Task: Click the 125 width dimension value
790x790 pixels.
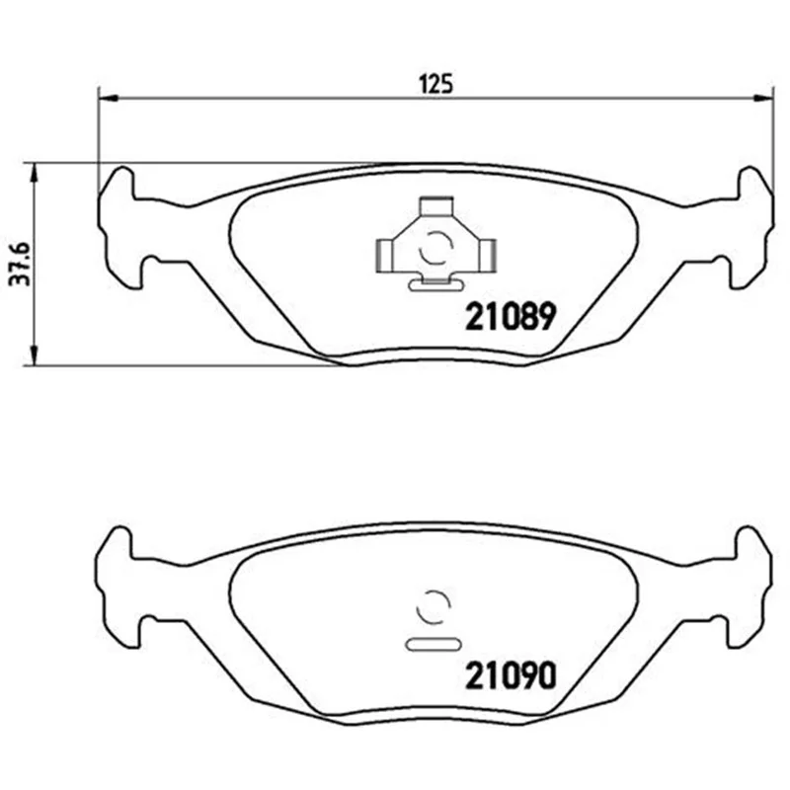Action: click(436, 84)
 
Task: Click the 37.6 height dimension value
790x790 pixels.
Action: click(21, 264)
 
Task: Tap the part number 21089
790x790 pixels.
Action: click(511, 316)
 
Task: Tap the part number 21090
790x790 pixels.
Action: click(511, 675)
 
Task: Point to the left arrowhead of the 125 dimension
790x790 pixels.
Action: click(108, 99)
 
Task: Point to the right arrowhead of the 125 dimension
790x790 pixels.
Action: click(762, 99)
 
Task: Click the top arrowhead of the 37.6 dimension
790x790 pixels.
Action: click(34, 173)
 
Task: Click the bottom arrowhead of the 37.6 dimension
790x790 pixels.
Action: click(34, 355)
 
